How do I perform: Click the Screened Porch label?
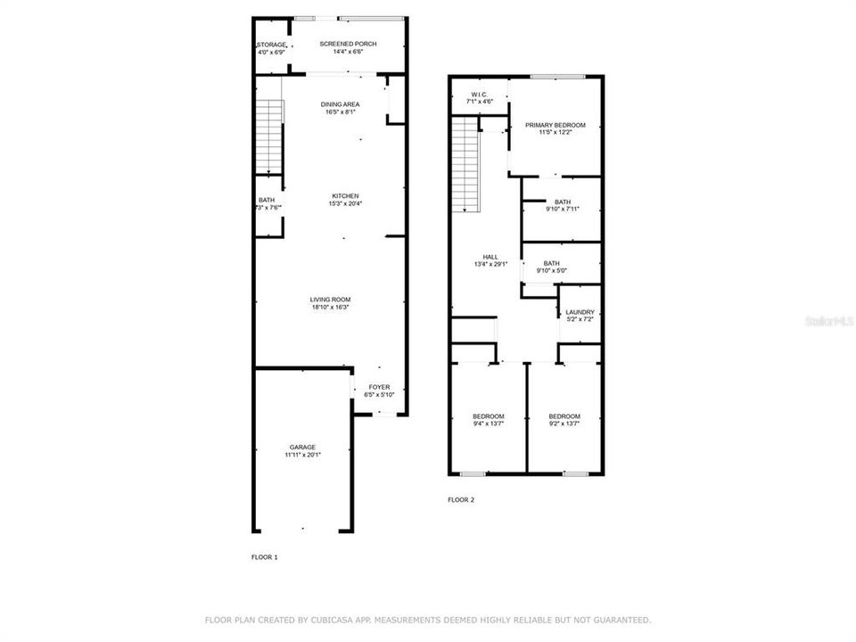[348, 45]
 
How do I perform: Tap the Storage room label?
[272, 45]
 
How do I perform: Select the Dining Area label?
[341, 105]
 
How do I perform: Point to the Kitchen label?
[346, 196]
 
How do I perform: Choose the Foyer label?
[380, 387]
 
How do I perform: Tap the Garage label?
[302, 448]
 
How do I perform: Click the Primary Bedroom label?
[555, 126]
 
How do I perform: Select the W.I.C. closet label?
[480, 95]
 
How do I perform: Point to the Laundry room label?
[580, 312]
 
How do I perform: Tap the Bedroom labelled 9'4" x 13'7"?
[489, 416]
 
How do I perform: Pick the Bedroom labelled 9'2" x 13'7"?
[564, 416]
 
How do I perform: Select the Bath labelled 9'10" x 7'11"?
[562, 202]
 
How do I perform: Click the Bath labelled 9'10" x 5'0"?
[551, 263]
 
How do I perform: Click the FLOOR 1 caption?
[265, 557]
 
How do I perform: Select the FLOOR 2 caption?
[461, 500]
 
